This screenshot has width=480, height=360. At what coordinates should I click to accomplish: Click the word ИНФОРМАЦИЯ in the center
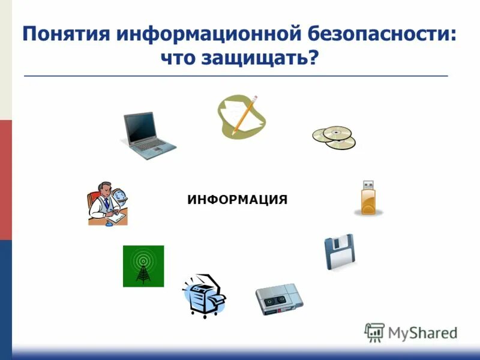pos(238,199)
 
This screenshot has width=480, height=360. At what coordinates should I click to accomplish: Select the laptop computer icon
pos(148,137)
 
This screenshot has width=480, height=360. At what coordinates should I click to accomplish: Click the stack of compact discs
pos(334,137)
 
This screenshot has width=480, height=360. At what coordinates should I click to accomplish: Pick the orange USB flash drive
pos(368,197)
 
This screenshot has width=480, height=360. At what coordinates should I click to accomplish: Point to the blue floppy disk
pos(340,252)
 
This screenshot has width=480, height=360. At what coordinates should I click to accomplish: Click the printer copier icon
pos(203,296)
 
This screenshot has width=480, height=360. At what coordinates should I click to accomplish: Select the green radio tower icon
pos(143,266)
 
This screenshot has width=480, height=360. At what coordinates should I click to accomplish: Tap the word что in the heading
pos(179,59)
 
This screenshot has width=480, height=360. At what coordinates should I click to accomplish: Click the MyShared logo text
pos(422,332)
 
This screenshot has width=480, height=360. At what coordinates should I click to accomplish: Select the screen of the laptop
pos(142,127)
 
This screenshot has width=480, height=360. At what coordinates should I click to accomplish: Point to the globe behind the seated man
pos(121,196)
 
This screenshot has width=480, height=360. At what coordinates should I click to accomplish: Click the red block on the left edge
pos(5,179)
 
